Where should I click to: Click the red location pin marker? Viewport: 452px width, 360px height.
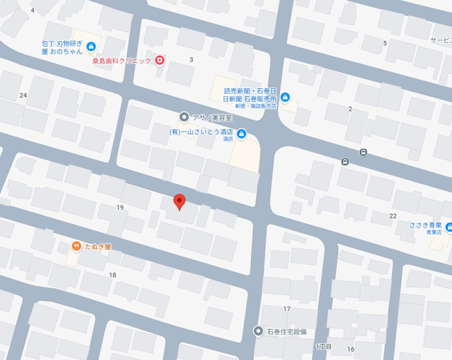[x=180, y=201]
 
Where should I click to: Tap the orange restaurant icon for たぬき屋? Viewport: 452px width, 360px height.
[x=76, y=246]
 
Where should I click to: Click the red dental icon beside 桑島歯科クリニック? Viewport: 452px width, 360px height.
[x=159, y=61]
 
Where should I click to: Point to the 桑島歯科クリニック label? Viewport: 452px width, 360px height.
[x=122, y=61]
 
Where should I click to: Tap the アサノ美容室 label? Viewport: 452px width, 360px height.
[x=211, y=117]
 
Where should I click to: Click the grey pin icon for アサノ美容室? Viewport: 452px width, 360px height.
[x=184, y=117]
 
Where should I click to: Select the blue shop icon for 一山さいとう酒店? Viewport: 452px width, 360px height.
[x=241, y=134]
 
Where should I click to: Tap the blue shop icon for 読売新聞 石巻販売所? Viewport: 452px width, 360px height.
[x=285, y=96]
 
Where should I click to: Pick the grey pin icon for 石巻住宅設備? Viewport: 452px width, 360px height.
[x=259, y=331]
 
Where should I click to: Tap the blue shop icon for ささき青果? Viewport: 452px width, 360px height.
[x=449, y=226]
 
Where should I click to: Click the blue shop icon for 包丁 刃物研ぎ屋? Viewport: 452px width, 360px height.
[x=92, y=46]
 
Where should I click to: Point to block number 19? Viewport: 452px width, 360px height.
[x=121, y=207]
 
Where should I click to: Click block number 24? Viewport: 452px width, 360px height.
[x=24, y=95]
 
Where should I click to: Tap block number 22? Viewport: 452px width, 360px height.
[x=393, y=216]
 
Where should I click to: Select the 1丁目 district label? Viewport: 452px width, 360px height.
[x=324, y=346]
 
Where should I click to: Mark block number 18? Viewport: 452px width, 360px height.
[x=112, y=275]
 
